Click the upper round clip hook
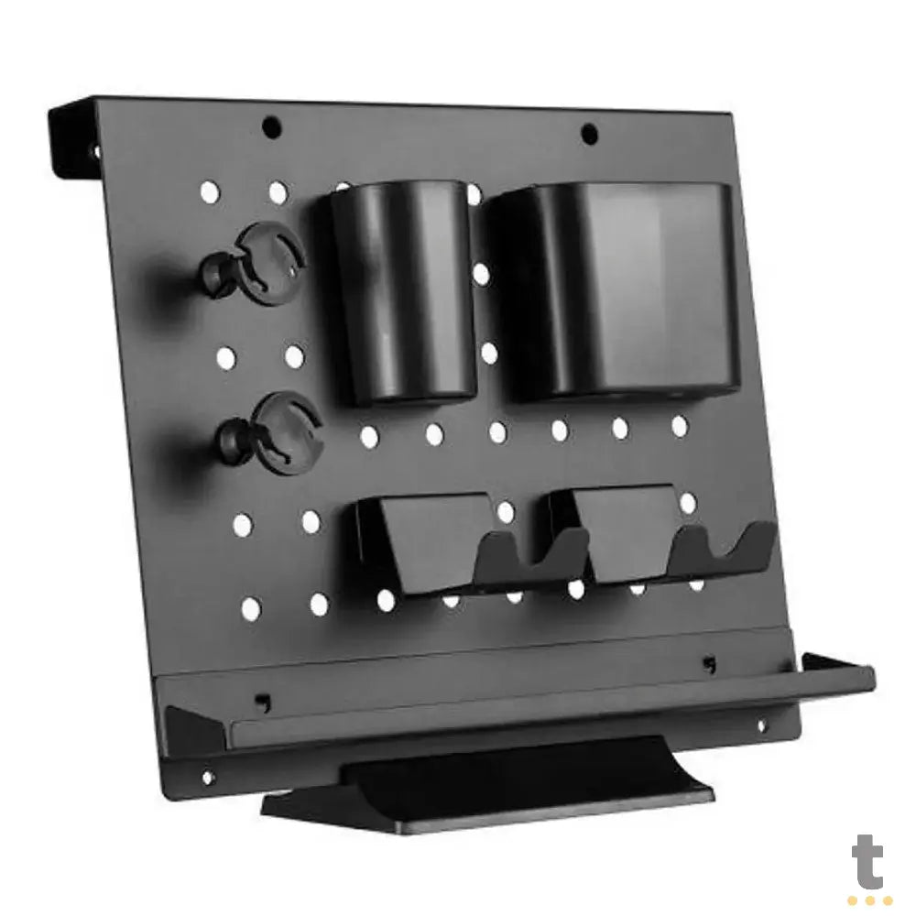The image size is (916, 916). (266, 260)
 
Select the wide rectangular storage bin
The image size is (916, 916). (614, 289)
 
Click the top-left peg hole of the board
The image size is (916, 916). (210, 192)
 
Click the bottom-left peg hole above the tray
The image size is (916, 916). (250, 606)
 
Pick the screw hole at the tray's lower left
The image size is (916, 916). (205, 777)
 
